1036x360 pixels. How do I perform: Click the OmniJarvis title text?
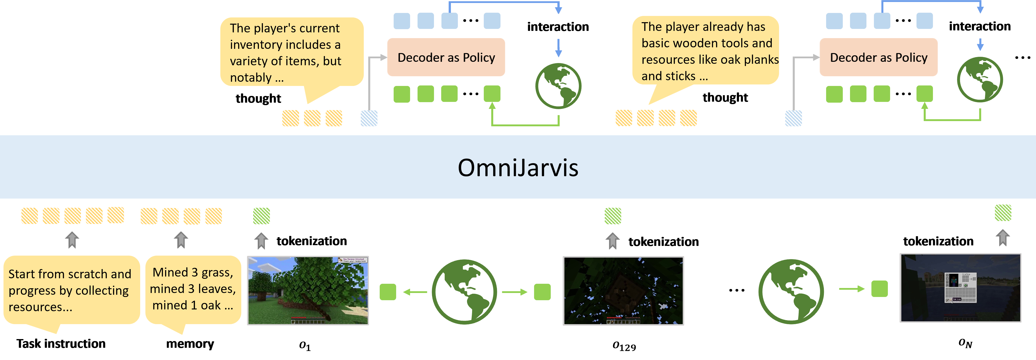[518, 168]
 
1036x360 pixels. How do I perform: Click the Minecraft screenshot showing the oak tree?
[308, 290]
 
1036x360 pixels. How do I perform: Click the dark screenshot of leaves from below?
[623, 291]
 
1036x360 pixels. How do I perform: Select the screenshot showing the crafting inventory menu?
[960, 288]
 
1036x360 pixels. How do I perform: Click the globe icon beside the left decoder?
[558, 86]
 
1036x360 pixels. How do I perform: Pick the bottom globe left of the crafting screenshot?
[791, 292]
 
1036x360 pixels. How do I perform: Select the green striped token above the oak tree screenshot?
[261, 216]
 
